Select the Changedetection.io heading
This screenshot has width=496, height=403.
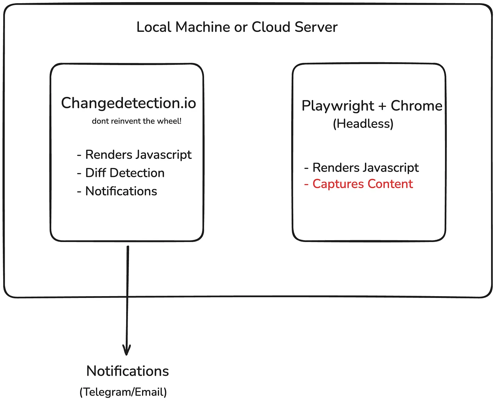click(128, 103)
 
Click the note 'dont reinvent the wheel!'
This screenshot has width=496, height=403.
click(136, 121)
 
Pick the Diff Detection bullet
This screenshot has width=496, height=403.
click(121, 173)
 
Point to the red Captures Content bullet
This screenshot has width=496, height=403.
click(359, 184)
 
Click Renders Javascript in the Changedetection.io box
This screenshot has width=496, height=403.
click(134, 155)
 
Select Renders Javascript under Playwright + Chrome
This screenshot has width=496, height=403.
click(361, 167)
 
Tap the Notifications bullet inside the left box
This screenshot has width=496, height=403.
click(117, 191)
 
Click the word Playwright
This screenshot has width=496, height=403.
click(338, 106)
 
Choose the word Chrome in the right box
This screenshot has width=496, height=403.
click(416, 105)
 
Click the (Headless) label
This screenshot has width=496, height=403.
click(363, 123)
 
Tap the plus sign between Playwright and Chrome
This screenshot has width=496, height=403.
click(382, 106)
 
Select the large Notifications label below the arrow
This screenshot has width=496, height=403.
click(128, 371)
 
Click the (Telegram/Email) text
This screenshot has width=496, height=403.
click(123, 392)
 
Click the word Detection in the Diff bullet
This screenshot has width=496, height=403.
click(137, 173)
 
